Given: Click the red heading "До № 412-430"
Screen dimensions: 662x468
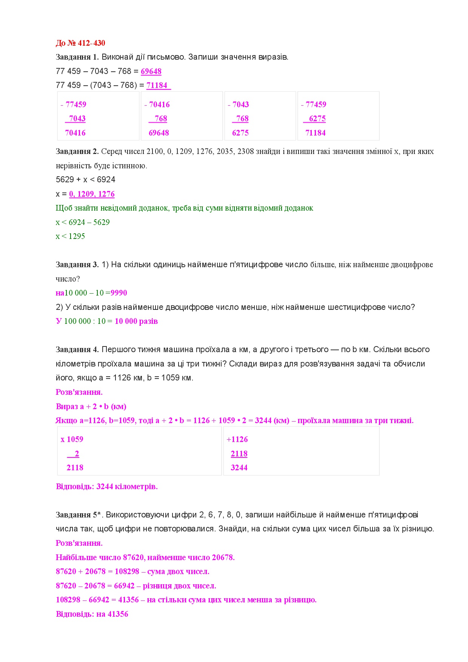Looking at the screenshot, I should pyautogui.click(x=80, y=43).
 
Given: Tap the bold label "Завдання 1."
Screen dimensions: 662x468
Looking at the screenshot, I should pyautogui.click(x=77, y=57).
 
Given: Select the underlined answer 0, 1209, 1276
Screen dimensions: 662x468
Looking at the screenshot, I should pyautogui.click(x=92, y=194).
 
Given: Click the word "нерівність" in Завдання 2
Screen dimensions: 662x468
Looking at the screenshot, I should pyautogui.click(x=72, y=166).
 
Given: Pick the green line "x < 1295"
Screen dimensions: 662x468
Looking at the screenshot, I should pyautogui.click(x=70, y=236).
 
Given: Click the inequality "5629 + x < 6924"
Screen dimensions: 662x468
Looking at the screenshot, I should pyautogui.click(x=85, y=180).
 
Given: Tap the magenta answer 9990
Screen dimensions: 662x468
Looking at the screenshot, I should pyautogui.click(x=119, y=293).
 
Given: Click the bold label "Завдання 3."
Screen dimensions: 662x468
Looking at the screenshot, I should pyautogui.click(x=77, y=265).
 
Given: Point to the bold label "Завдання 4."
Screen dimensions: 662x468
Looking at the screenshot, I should pyautogui.click(x=77, y=349).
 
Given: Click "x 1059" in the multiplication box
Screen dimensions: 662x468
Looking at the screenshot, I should pyautogui.click(x=72, y=439).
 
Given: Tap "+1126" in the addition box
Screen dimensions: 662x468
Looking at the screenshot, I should pyautogui.click(x=237, y=439).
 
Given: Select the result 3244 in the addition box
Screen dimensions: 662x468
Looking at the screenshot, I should pyautogui.click(x=239, y=468).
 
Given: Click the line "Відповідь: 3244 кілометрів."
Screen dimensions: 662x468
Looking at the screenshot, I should pyautogui.click(x=106, y=486).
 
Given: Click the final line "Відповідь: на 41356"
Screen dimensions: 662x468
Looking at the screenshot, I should pyautogui.click(x=92, y=614).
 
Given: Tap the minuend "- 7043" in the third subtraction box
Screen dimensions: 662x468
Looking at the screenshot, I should pyautogui.click(x=239, y=105).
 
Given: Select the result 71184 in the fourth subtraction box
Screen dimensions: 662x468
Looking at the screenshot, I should pyautogui.click(x=315, y=133).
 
